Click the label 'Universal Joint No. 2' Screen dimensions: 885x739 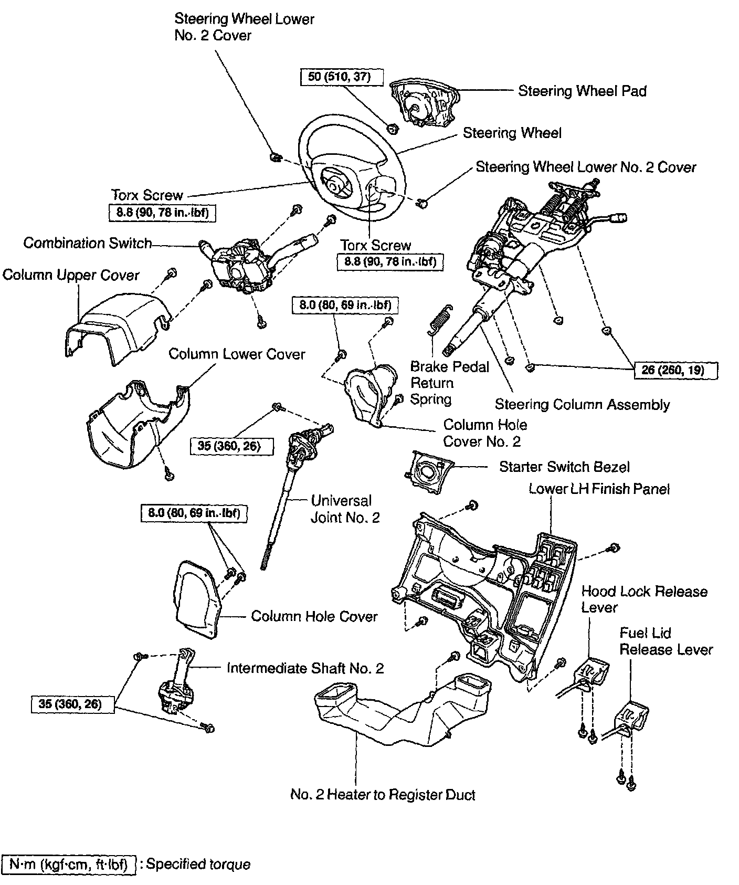tap(345, 509)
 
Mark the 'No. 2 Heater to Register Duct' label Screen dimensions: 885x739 tap(383, 795)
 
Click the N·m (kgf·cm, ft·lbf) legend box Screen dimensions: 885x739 tap(69, 864)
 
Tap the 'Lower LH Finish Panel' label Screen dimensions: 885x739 tap(599, 489)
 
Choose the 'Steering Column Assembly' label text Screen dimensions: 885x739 tap(582, 405)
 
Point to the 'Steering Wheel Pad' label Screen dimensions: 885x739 tap(582, 91)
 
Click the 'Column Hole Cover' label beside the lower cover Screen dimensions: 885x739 tap(314, 616)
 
